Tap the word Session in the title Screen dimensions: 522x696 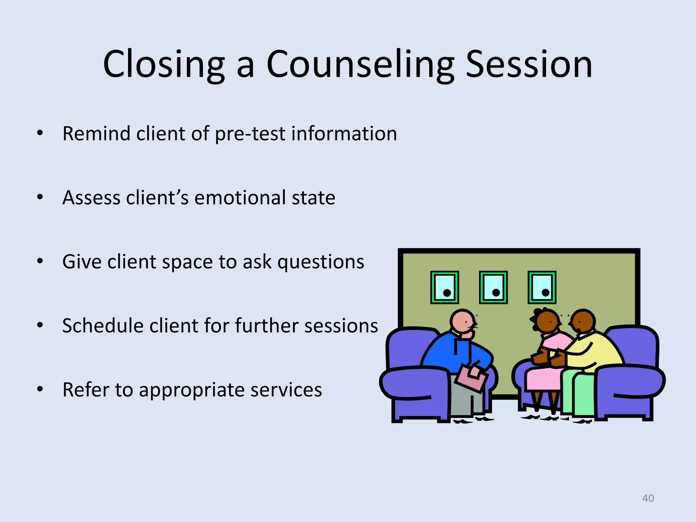point(529,65)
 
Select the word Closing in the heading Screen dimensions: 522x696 point(164,65)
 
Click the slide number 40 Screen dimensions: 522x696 point(648,498)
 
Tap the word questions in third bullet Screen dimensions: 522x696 point(321,262)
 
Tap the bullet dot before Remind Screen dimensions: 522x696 point(40,134)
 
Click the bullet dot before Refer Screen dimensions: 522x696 point(40,389)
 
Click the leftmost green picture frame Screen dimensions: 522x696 point(445,287)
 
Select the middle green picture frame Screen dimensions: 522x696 point(493,287)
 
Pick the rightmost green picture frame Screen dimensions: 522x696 point(542,287)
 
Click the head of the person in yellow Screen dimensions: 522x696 point(583,321)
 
